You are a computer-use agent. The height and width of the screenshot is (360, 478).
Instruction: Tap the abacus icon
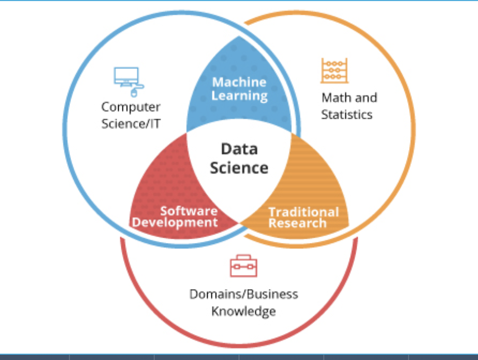(334, 71)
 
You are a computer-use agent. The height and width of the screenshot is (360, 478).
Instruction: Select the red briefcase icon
(243, 266)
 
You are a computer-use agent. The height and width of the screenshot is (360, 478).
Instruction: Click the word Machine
(240, 82)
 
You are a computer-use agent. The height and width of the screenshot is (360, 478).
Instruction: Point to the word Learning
(240, 96)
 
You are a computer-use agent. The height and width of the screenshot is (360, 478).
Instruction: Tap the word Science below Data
(239, 168)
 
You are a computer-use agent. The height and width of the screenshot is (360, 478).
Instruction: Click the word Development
(175, 222)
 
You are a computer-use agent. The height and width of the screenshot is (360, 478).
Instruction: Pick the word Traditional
(304, 212)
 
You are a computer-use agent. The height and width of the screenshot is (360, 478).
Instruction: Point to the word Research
(297, 223)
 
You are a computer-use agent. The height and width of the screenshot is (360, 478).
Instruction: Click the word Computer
(131, 107)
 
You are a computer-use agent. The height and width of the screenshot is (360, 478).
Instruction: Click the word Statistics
(347, 114)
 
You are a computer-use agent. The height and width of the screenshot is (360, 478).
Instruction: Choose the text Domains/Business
(244, 294)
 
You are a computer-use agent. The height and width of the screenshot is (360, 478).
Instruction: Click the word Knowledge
(244, 311)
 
